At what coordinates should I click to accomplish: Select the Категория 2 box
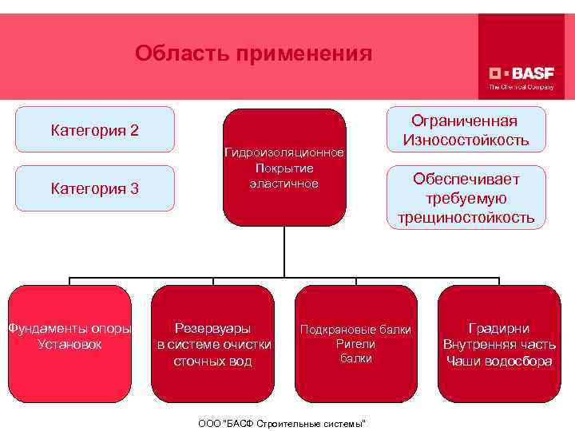click(x=95, y=129)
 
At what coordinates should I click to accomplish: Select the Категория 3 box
click(x=95, y=188)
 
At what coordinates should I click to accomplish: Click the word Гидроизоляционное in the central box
click(x=284, y=152)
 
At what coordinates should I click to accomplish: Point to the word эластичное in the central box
click(x=284, y=184)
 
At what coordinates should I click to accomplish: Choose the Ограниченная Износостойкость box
click(x=466, y=130)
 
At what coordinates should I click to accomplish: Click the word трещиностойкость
click(x=466, y=218)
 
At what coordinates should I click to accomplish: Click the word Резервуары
click(x=212, y=328)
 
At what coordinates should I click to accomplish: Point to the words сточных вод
click(x=212, y=361)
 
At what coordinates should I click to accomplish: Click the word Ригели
click(x=355, y=344)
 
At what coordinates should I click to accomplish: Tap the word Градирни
click(x=499, y=328)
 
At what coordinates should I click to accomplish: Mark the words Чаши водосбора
click(x=499, y=361)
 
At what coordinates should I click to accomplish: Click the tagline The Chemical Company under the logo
click(x=521, y=86)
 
